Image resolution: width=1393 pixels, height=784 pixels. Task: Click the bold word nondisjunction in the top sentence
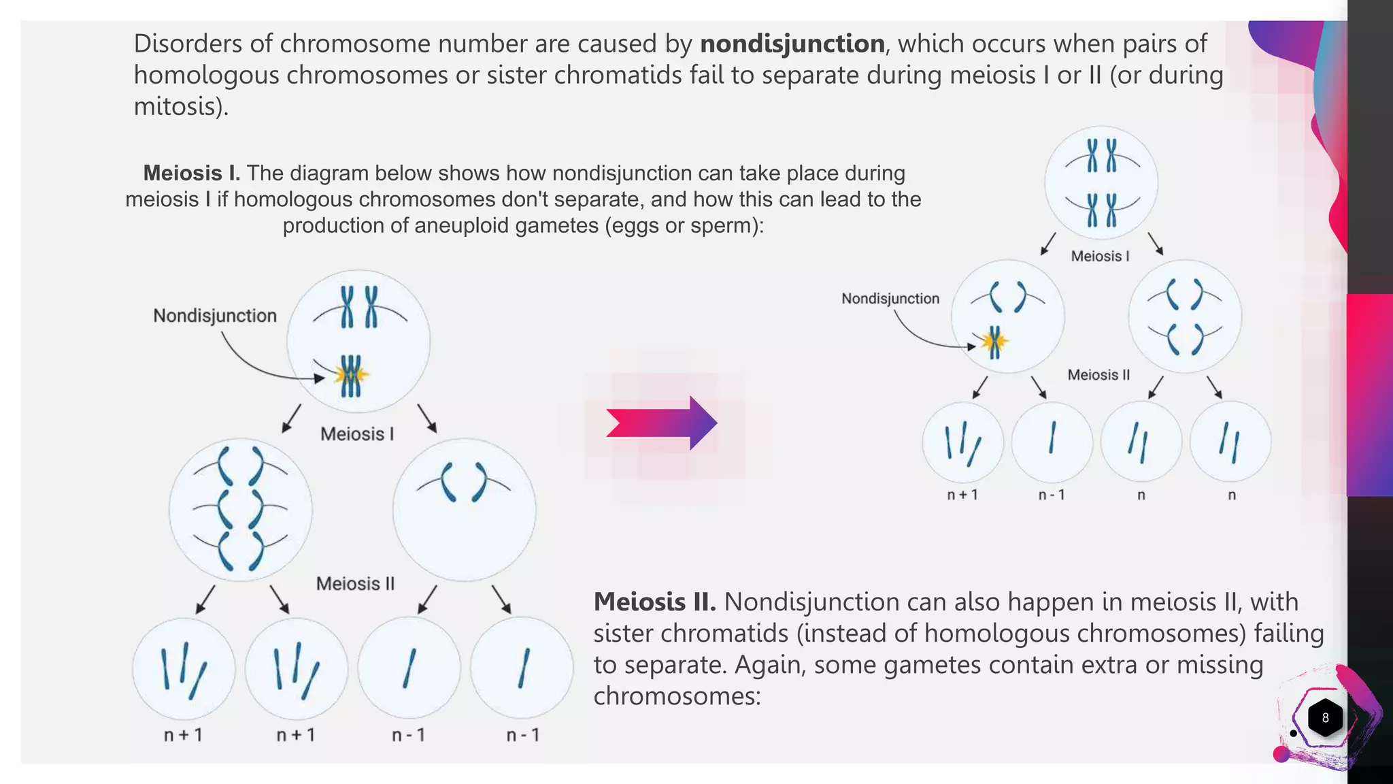[792, 44]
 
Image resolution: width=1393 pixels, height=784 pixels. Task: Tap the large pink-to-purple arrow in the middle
[661, 423]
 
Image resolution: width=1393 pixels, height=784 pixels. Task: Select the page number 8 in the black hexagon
[1325, 717]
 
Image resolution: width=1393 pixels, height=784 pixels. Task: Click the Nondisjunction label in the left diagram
[215, 316]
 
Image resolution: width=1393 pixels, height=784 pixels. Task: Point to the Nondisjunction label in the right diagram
[890, 299]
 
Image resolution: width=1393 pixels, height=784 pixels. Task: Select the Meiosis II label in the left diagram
[355, 584]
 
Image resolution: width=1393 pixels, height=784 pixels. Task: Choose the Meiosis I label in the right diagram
[1100, 257]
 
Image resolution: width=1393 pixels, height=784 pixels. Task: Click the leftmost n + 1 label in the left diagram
[183, 735]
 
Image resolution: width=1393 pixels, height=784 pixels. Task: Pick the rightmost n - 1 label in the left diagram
[522, 735]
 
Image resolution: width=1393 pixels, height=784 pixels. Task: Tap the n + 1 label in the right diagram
[962, 495]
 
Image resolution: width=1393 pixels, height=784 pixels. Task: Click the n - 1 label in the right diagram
[1052, 495]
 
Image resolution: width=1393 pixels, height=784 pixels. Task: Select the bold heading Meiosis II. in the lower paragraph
[654, 602]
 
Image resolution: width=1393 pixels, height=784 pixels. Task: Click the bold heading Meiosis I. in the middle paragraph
[191, 174]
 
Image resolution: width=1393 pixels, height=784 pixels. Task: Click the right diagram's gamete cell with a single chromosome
[1052, 441]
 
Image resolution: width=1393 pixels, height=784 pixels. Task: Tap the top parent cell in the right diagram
[1101, 182]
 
